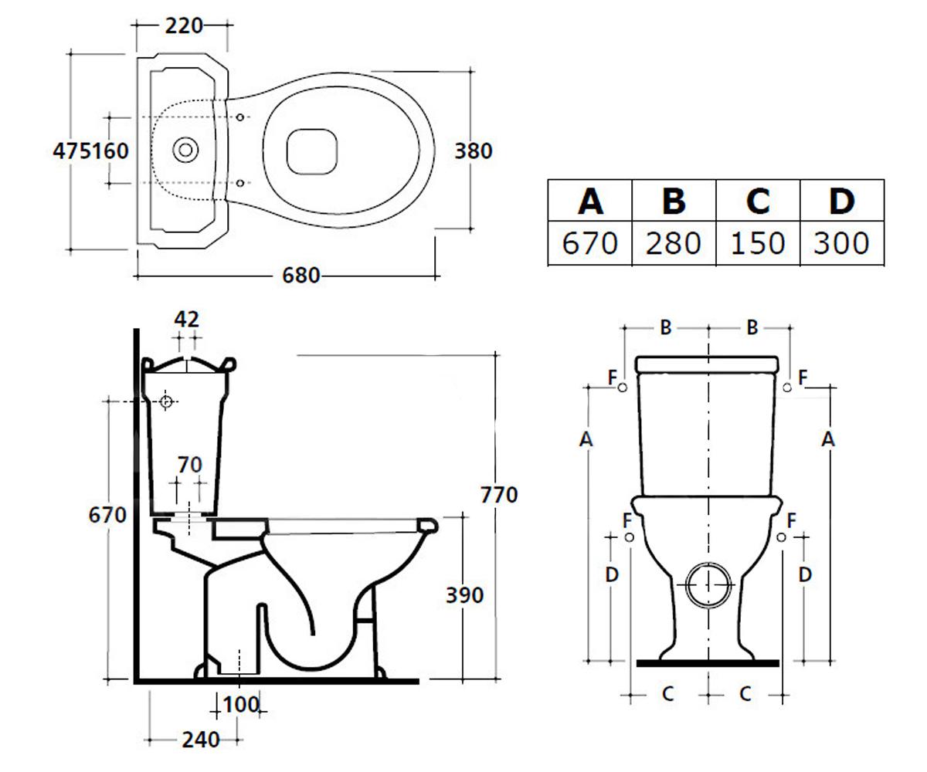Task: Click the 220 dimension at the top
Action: pyautogui.click(x=184, y=25)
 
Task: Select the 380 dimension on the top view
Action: pyautogui.click(x=474, y=151)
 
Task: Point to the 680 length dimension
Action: pyautogui.click(x=301, y=276)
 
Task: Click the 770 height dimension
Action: pyautogui.click(x=499, y=495)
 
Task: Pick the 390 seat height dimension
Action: pyautogui.click(x=464, y=595)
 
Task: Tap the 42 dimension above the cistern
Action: pyautogui.click(x=186, y=320)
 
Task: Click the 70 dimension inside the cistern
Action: pyautogui.click(x=189, y=465)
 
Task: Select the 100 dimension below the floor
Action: pyautogui.click(x=240, y=705)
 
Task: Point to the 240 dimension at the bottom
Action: pyautogui.click(x=201, y=740)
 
